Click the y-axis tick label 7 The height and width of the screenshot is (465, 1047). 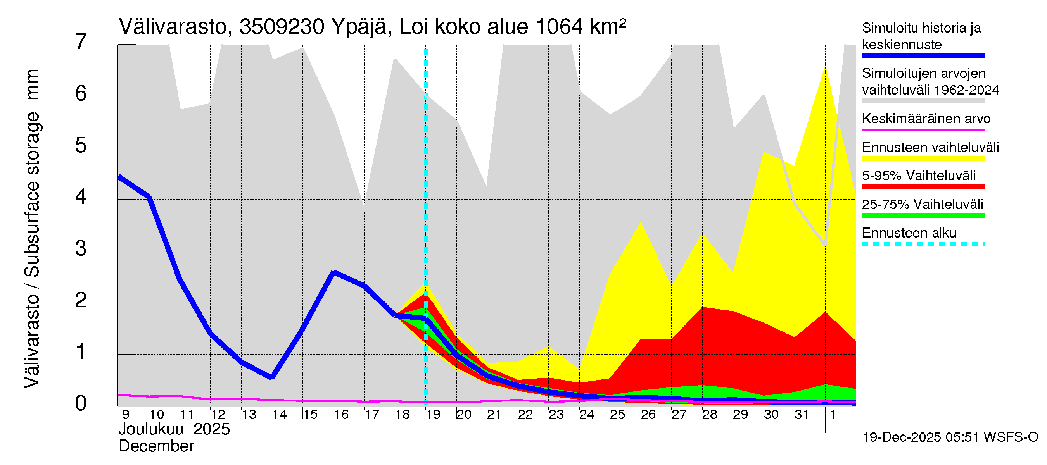click(x=81, y=42)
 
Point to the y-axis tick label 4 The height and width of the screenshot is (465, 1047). click(x=81, y=197)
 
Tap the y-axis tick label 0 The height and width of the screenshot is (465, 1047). click(x=81, y=403)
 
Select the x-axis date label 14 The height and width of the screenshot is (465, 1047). click(x=279, y=415)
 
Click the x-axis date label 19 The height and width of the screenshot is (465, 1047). click(x=433, y=415)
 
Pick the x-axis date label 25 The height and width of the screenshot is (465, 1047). click(x=617, y=415)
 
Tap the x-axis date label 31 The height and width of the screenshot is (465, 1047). click(x=802, y=415)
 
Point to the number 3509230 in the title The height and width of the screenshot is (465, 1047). click(x=282, y=27)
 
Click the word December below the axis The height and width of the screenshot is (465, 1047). click(x=156, y=446)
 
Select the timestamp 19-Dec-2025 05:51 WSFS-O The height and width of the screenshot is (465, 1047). click(x=950, y=437)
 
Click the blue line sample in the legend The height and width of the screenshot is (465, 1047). click(x=923, y=56)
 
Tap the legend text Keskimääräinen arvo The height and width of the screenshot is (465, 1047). click(x=926, y=119)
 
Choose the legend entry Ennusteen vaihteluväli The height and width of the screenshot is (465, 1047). click(x=930, y=147)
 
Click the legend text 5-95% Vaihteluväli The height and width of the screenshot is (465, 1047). click(x=918, y=176)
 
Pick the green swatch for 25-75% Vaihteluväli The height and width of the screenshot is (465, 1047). click(x=923, y=215)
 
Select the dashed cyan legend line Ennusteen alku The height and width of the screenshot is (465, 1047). click(x=923, y=244)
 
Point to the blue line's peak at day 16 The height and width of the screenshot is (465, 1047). click(x=334, y=272)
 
